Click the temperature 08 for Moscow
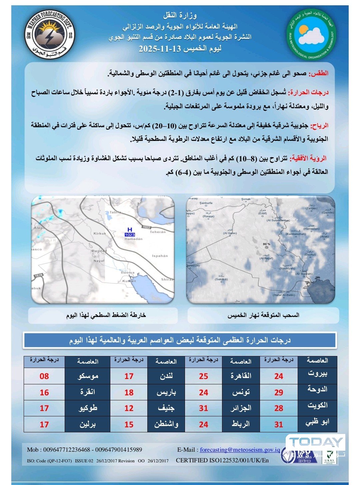44,376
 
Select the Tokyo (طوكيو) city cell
88,408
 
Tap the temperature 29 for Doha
279,392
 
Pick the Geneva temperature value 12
129,408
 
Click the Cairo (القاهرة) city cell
241,376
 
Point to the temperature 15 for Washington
129,424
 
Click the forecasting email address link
240,450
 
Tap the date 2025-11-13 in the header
160,49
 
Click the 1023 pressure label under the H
130,235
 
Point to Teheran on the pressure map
158,232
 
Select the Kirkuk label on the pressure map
100,233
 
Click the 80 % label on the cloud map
266,244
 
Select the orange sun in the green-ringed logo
304,29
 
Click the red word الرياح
319,126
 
